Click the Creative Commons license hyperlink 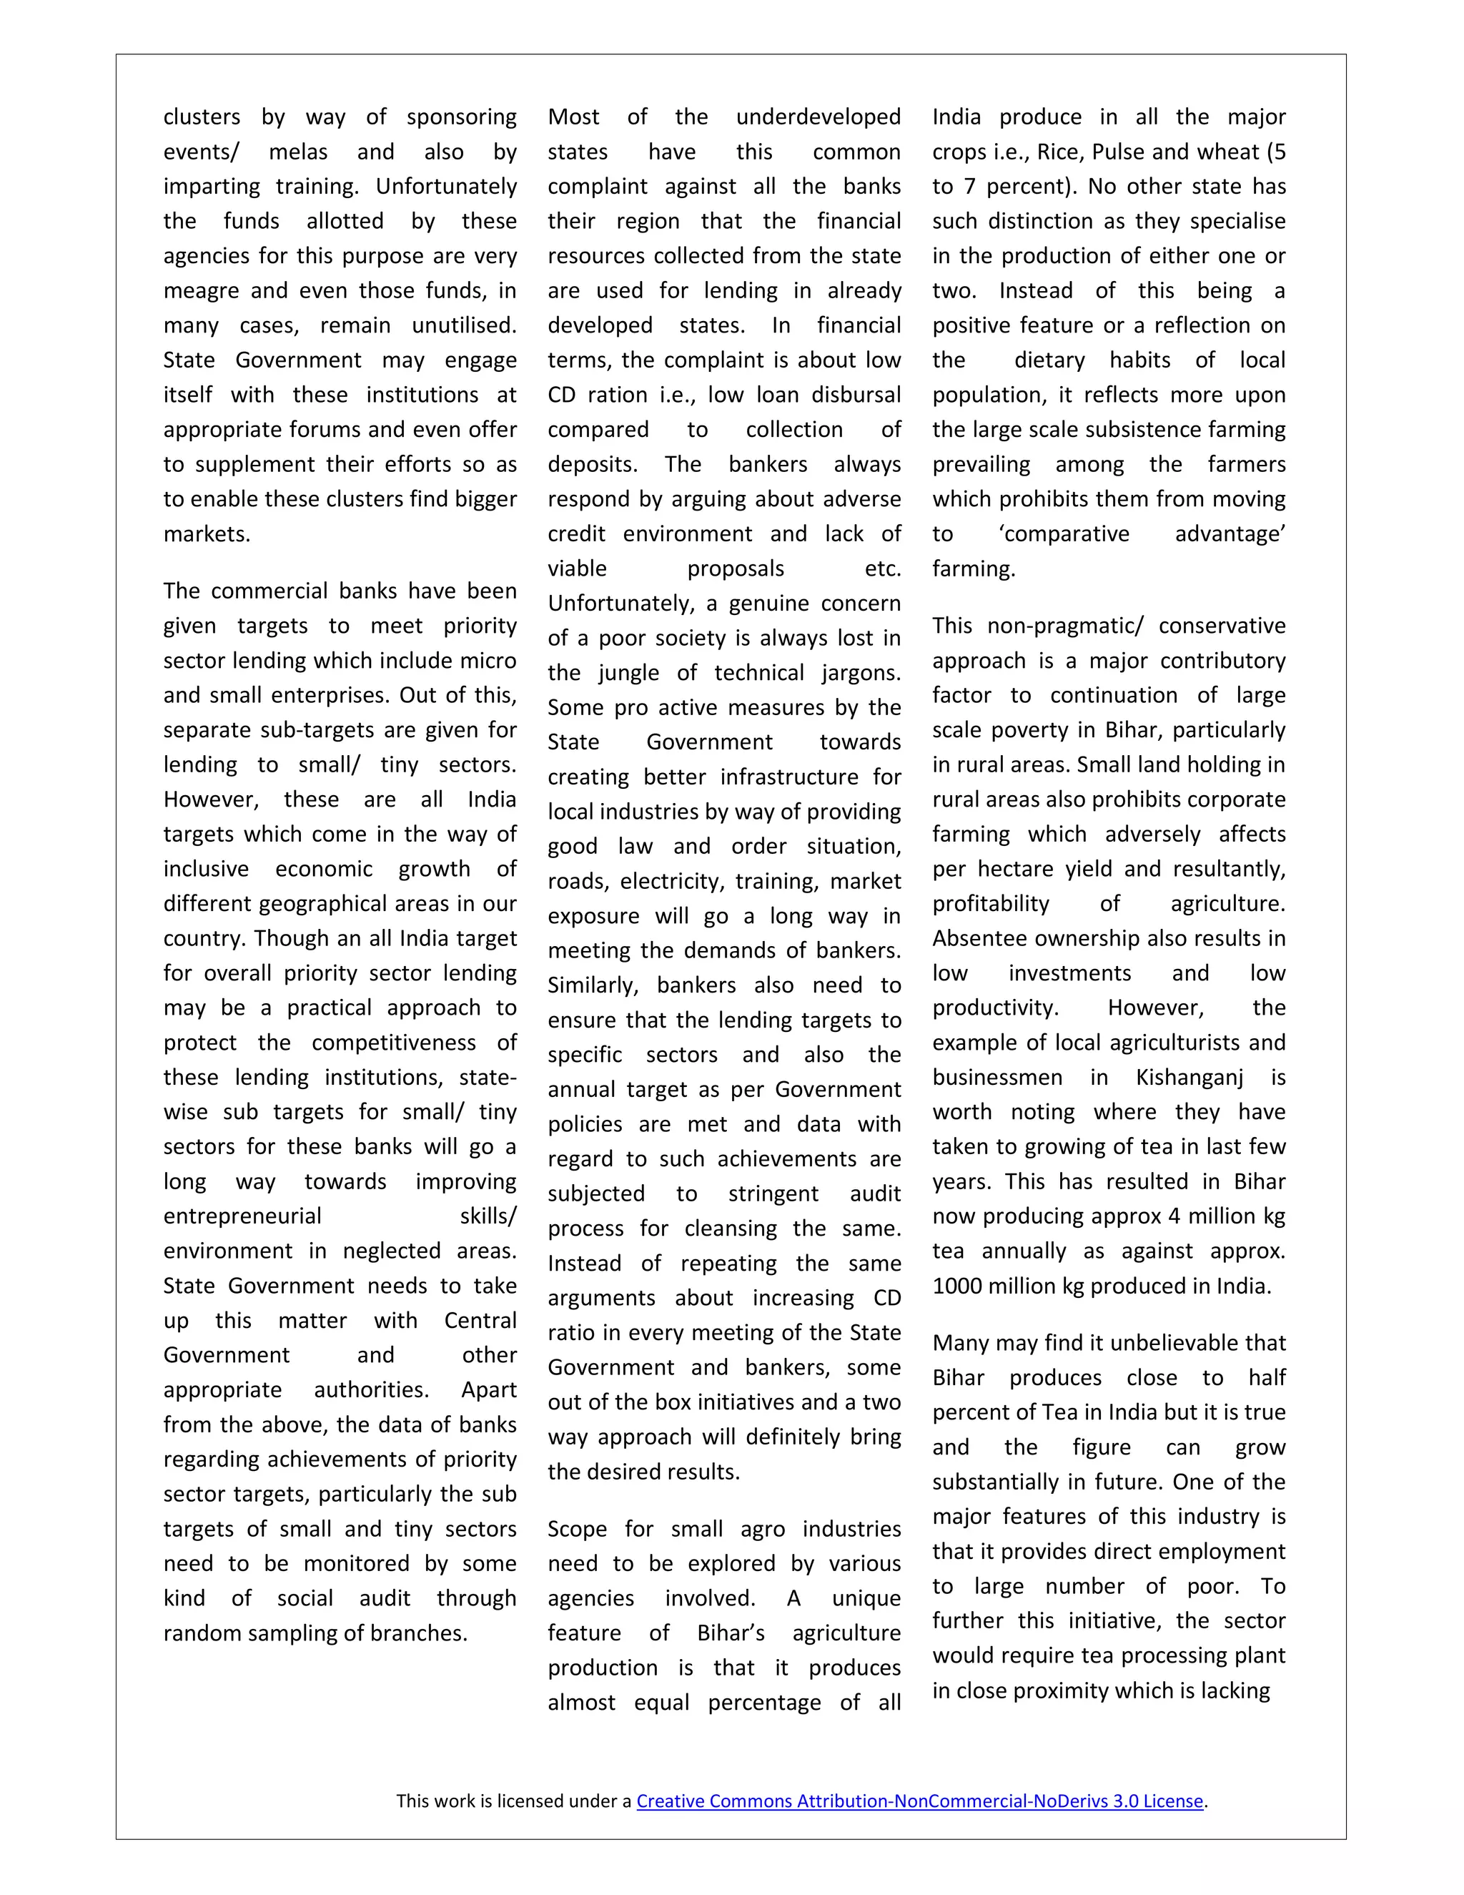[919, 1801]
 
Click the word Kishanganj [1189, 1078]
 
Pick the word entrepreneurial [242, 1216]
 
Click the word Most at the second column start [573, 117]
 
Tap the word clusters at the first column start [201, 117]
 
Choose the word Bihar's [731, 1633]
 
